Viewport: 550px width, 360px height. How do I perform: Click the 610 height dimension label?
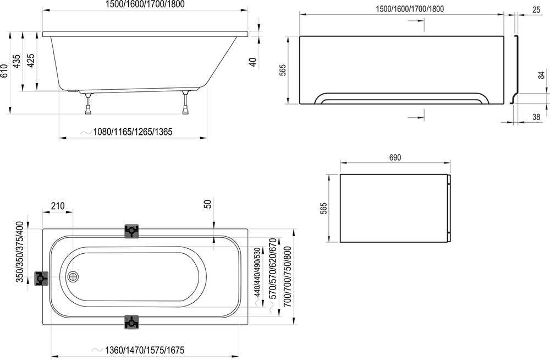5,72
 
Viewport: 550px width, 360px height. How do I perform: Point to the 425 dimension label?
31,59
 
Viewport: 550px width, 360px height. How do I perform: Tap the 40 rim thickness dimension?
253,61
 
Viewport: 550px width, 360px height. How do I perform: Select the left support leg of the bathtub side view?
88,105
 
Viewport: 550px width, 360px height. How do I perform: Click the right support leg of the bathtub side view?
186,105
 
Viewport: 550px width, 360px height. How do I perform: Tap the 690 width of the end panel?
395,157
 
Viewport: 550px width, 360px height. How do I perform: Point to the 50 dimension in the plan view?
208,203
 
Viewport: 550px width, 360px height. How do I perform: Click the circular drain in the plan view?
73,279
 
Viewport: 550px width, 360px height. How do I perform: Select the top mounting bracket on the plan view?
132,231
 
